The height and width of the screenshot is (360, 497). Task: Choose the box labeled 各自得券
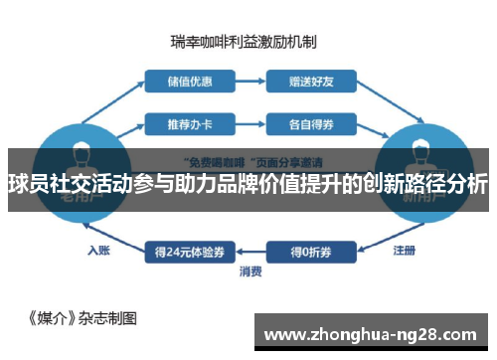click(x=305, y=124)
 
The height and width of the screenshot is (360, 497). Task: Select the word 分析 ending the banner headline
click(x=467, y=184)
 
